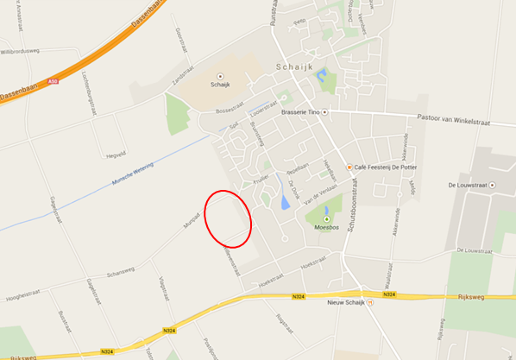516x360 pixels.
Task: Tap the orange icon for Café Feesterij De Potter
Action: (x=349, y=167)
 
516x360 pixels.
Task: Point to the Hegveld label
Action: (x=116, y=155)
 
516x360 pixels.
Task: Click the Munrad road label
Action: (x=191, y=221)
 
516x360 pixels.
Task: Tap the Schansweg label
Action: (x=122, y=271)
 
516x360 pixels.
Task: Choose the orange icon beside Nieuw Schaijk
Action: (x=369, y=304)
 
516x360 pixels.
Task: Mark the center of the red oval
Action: (x=228, y=217)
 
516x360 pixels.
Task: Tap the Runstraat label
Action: (x=274, y=12)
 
